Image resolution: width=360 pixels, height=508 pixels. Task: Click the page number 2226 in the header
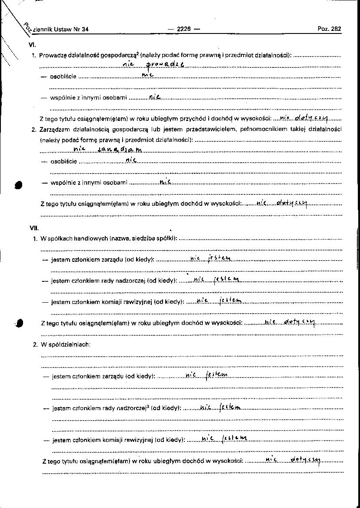pos(183,29)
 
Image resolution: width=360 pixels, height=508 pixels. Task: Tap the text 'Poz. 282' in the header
pos(329,29)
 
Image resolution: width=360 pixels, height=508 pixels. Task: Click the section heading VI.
pos(31,44)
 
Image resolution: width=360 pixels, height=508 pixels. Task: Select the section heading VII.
pos(33,227)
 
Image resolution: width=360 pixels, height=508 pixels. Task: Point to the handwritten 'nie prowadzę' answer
pos(153,65)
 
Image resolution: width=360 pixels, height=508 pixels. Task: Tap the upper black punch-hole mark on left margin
pos(18,184)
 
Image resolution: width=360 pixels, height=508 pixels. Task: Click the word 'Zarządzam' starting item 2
pos(54,129)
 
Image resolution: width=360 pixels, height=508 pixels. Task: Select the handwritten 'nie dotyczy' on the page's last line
pos(293,460)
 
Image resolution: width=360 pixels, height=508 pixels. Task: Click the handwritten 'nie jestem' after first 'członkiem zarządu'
pos(210,259)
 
